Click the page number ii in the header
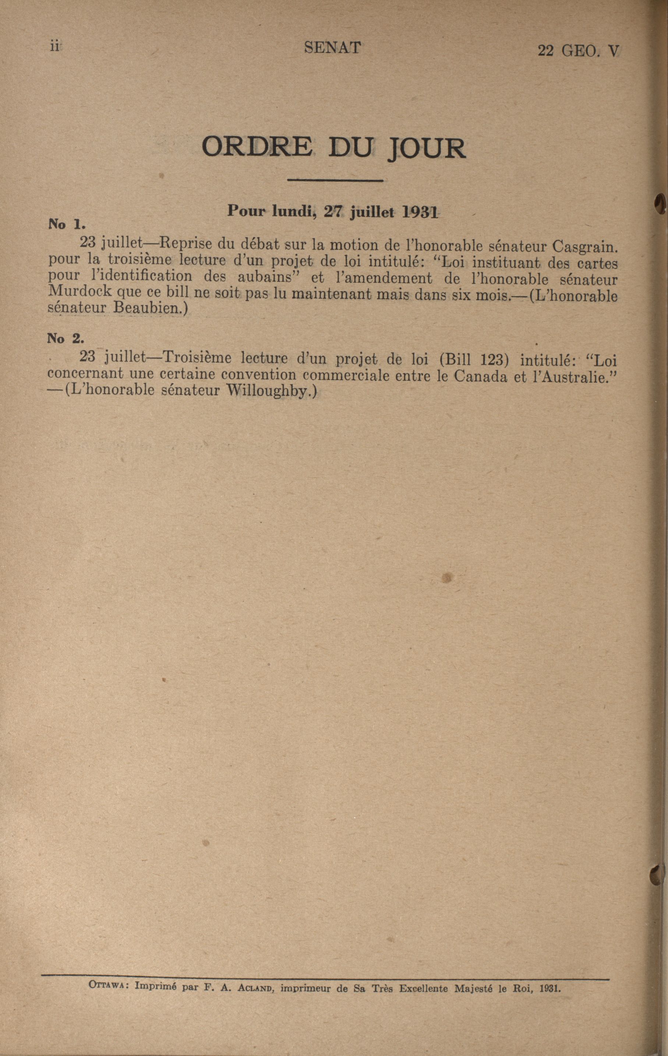[55, 47]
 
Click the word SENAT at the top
[332, 48]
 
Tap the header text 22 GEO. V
[578, 51]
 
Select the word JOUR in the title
[425, 149]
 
